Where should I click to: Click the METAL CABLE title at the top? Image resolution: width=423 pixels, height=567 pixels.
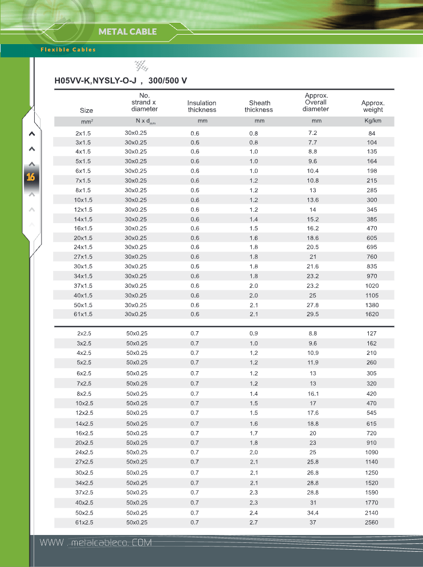click(x=128, y=31)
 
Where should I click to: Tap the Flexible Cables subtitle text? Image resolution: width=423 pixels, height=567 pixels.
click(x=68, y=50)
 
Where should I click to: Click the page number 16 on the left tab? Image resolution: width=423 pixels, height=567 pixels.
click(x=30, y=177)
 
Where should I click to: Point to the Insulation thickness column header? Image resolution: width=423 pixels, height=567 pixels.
click(x=202, y=107)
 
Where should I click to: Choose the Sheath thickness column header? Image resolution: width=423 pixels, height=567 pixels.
click(x=259, y=107)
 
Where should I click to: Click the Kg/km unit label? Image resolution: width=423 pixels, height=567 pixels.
click(x=373, y=121)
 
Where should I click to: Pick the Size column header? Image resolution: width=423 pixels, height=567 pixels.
click(x=86, y=110)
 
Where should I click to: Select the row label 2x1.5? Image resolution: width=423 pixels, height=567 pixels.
click(x=83, y=133)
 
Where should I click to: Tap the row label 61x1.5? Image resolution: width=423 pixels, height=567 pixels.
click(x=83, y=314)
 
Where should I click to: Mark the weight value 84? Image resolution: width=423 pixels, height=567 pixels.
click(x=372, y=133)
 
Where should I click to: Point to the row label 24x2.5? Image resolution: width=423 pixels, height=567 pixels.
click(x=84, y=453)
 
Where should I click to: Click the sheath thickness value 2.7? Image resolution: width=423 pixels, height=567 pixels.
click(x=254, y=522)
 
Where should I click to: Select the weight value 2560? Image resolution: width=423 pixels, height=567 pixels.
click(x=372, y=522)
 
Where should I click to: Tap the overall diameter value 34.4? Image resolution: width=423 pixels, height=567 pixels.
click(x=313, y=513)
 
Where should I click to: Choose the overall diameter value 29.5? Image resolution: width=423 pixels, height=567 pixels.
click(x=313, y=314)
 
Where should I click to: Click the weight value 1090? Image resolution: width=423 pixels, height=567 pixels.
click(x=372, y=453)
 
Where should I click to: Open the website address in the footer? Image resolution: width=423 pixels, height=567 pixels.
click(x=96, y=542)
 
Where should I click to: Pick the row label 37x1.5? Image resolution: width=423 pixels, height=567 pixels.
click(x=83, y=286)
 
